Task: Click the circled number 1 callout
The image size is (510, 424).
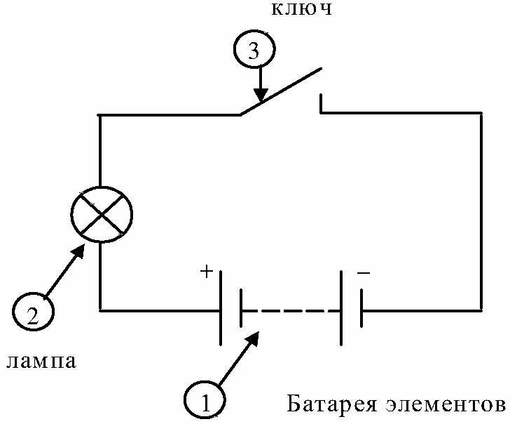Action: (x=205, y=402)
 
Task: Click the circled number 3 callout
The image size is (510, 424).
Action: (x=254, y=51)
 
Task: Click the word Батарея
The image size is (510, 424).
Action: (x=329, y=405)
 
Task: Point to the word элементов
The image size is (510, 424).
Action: (x=445, y=405)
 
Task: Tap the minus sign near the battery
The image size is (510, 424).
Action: (x=363, y=272)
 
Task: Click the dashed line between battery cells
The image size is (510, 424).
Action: (x=291, y=310)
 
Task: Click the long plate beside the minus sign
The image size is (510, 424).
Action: (x=341, y=310)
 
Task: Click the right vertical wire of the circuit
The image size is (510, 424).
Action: (x=481, y=211)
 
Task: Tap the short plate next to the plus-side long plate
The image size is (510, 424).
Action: (x=240, y=310)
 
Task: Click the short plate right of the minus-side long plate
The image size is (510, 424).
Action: (x=361, y=310)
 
